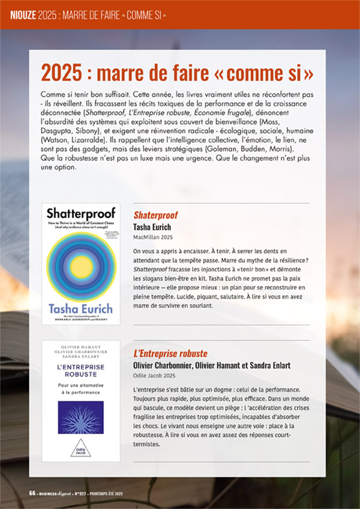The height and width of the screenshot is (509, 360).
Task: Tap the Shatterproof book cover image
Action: point(81,264)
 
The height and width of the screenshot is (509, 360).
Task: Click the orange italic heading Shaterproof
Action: point(155,215)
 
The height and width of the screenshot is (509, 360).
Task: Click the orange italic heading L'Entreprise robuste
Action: point(170,353)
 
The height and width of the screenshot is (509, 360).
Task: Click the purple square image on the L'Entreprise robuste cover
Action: point(81,417)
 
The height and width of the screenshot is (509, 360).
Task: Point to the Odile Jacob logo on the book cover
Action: point(81,445)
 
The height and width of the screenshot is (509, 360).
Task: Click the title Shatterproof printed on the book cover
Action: point(80,213)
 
